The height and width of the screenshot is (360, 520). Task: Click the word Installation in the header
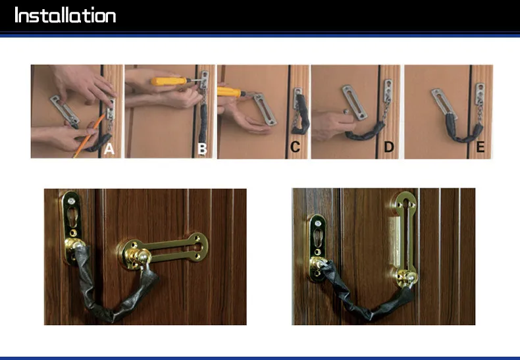[x=65, y=15]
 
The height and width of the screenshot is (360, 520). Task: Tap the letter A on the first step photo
[x=109, y=149]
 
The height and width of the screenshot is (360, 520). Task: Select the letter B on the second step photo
[x=202, y=149]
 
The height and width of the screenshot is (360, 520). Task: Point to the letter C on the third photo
[x=295, y=147]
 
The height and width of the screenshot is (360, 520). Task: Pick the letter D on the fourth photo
[x=388, y=147]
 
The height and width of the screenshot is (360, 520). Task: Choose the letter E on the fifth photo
[x=481, y=147]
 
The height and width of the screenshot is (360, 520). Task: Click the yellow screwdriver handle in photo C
[x=229, y=92]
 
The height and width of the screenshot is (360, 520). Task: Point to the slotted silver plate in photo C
[x=265, y=109]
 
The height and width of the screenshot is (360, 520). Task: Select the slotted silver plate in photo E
[x=442, y=101]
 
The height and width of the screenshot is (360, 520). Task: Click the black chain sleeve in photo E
[x=463, y=132]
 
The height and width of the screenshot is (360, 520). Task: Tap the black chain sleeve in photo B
[x=203, y=123]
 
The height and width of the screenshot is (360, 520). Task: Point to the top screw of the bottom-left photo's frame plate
[x=70, y=201]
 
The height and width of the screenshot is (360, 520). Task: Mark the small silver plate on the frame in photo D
[x=388, y=88]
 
